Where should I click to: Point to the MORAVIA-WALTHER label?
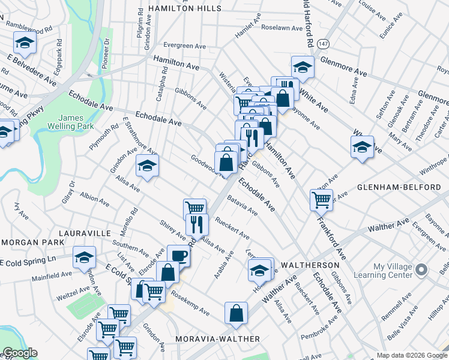click(x=218, y=339)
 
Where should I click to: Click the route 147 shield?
click(x=324, y=45)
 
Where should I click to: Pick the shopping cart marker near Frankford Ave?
click(x=322, y=200)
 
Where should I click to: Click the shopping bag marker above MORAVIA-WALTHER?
click(x=237, y=313)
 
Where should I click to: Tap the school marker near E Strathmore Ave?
click(x=146, y=166)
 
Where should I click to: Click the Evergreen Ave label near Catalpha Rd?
click(x=185, y=46)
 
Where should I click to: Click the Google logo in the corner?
click(x=20, y=353)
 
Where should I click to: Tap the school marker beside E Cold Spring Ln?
click(x=84, y=257)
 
